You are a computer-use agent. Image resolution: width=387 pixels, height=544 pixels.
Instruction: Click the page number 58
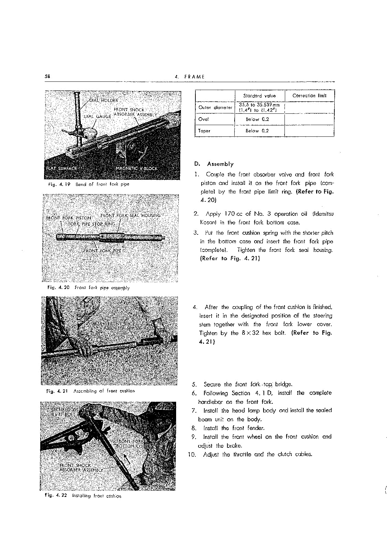pos(47,77)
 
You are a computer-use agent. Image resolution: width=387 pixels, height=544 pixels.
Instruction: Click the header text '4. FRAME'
pos(190,77)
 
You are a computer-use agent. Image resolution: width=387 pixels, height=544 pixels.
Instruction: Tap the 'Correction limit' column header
pos(309,96)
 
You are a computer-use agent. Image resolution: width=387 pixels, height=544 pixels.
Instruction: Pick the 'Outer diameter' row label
pos(215,108)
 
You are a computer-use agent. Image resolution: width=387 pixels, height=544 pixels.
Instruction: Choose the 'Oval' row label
pos(204,119)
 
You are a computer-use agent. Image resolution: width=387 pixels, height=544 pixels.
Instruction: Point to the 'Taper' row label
pos(204,131)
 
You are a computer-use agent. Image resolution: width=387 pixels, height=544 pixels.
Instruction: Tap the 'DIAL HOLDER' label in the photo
pos(103,100)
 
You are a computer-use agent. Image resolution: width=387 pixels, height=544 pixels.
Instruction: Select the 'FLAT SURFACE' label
pos(61,168)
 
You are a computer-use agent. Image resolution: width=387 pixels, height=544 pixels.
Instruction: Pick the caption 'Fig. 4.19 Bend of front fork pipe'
pos(89,184)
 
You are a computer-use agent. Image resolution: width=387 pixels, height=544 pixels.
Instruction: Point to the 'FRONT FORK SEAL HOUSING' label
pos(130,215)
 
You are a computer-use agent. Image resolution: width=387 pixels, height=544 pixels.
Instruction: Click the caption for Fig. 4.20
pos(88,288)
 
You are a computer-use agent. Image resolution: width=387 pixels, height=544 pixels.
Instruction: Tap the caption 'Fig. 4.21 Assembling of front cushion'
pos(90,391)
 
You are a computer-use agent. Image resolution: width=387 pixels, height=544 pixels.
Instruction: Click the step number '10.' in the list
pos(192,455)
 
